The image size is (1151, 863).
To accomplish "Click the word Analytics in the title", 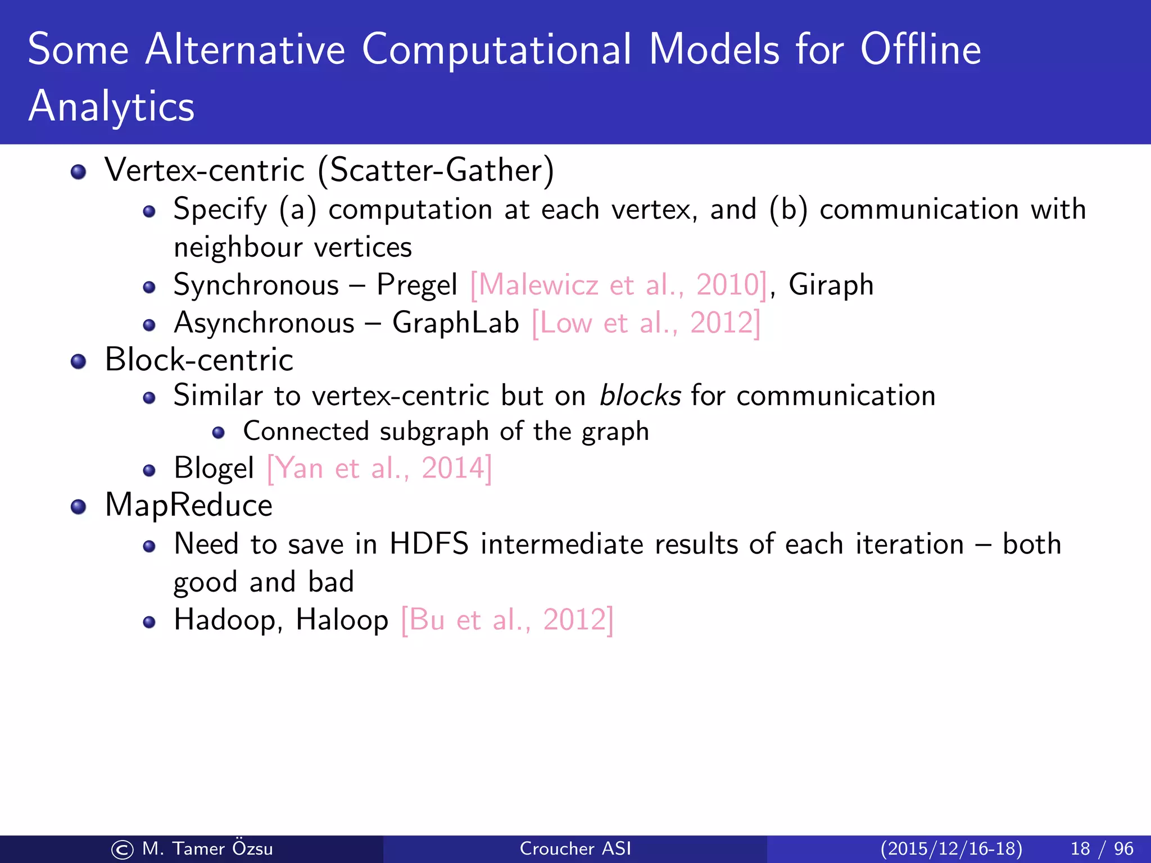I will tap(111, 106).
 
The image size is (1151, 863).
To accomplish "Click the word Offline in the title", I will tap(921, 49).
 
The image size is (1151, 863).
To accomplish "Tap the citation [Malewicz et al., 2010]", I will tap(618, 285).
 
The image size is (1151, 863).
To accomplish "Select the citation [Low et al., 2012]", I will tap(646, 324).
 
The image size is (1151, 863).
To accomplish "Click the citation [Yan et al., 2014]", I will tap(379, 468).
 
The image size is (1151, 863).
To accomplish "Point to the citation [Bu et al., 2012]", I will tap(507, 620).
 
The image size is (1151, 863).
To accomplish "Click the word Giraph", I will tap(831, 285).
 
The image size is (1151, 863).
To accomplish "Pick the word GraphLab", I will tap(455, 324).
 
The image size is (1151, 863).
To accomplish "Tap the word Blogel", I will tap(214, 468).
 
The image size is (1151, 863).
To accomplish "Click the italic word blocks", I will tap(640, 396).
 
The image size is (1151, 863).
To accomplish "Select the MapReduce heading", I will tap(189, 505).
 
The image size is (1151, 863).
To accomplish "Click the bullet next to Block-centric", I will tap(79, 361).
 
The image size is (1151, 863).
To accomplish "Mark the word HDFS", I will tap(429, 544).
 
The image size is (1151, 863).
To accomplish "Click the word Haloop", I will tap(342, 620).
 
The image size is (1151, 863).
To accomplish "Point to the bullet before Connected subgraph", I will tap(219, 433).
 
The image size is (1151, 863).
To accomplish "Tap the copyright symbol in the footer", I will tap(122, 850).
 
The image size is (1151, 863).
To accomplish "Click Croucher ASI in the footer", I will tap(575, 848).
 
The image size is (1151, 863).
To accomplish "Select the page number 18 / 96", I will tap(1102, 848).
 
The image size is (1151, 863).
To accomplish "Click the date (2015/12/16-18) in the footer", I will tap(951, 848).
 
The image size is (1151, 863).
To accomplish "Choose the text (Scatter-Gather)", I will tap(436, 170).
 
